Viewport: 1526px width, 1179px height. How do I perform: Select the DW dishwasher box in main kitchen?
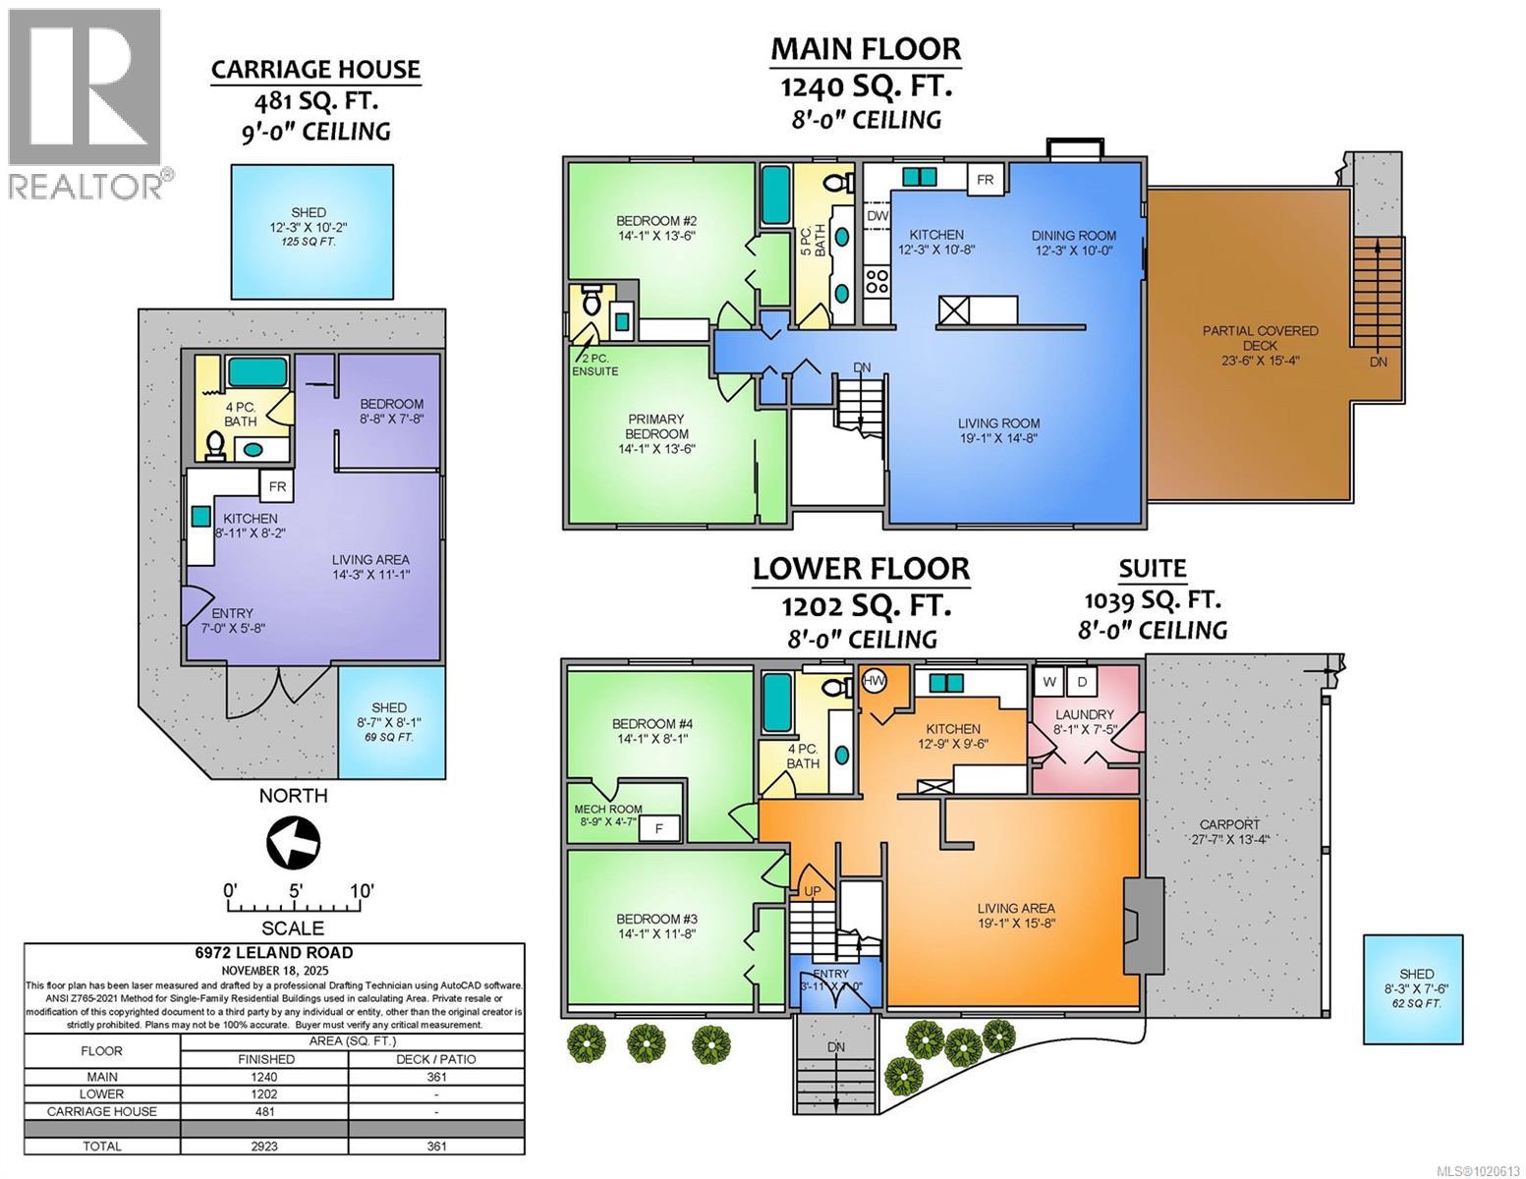(876, 215)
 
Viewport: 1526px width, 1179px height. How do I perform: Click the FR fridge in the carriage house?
(277, 486)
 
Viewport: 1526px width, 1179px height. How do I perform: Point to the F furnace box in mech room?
(658, 829)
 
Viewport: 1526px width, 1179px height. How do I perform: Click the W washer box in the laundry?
(1049, 681)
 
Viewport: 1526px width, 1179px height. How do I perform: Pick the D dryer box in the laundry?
(1082, 681)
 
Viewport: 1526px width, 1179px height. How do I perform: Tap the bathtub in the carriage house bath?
(257, 371)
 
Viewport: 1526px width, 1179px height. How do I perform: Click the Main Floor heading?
(865, 48)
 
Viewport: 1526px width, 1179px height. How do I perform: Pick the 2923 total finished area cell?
(265, 1146)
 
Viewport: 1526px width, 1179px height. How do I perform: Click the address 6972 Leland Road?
(274, 952)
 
